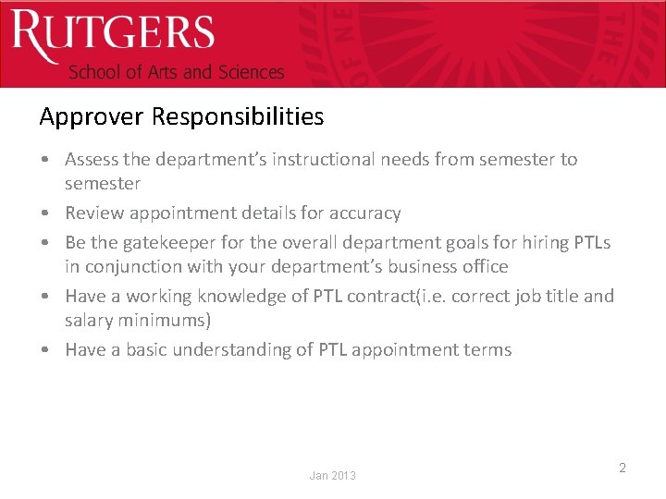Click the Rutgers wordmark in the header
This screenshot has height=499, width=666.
(112, 35)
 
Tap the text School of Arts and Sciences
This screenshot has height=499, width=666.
(177, 72)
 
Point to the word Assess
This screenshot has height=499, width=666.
(92, 159)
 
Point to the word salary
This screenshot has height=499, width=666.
(90, 320)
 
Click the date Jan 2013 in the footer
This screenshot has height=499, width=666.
(332, 475)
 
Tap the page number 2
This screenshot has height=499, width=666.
(623, 468)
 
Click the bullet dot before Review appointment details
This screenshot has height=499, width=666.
(45, 213)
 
